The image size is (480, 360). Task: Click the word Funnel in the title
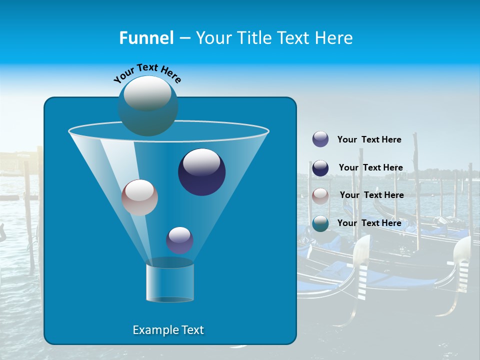pyautogui.click(x=146, y=37)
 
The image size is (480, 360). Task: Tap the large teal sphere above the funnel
pyautogui.click(x=147, y=106)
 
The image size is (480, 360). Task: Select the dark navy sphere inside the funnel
pyautogui.click(x=201, y=172)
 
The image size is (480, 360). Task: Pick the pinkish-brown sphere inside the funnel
pyautogui.click(x=139, y=197)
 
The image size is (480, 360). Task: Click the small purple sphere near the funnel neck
pyautogui.click(x=179, y=240)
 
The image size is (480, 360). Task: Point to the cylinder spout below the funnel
pyautogui.click(x=169, y=281)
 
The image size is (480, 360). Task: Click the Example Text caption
pyautogui.click(x=168, y=330)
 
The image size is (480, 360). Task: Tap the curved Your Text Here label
pyautogui.click(x=147, y=73)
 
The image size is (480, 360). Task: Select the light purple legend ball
pyautogui.click(x=320, y=139)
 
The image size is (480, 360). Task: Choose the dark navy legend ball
pyautogui.click(x=320, y=168)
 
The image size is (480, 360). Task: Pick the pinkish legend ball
pyautogui.click(x=320, y=196)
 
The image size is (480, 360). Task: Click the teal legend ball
pyautogui.click(x=320, y=223)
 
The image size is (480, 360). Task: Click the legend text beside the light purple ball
pyautogui.click(x=369, y=139)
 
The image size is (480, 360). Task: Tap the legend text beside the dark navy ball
pyautogui.click(x=370, y=167)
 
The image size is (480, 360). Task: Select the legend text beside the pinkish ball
pyautogui.click(x=371, y=195)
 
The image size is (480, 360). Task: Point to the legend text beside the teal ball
pyautogui.click(x=369, y=223)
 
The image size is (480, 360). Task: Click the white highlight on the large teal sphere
pyautogui.click(x=147, y=92)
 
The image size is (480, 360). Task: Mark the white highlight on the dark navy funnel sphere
pyautogui.click(x=201, y=161)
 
